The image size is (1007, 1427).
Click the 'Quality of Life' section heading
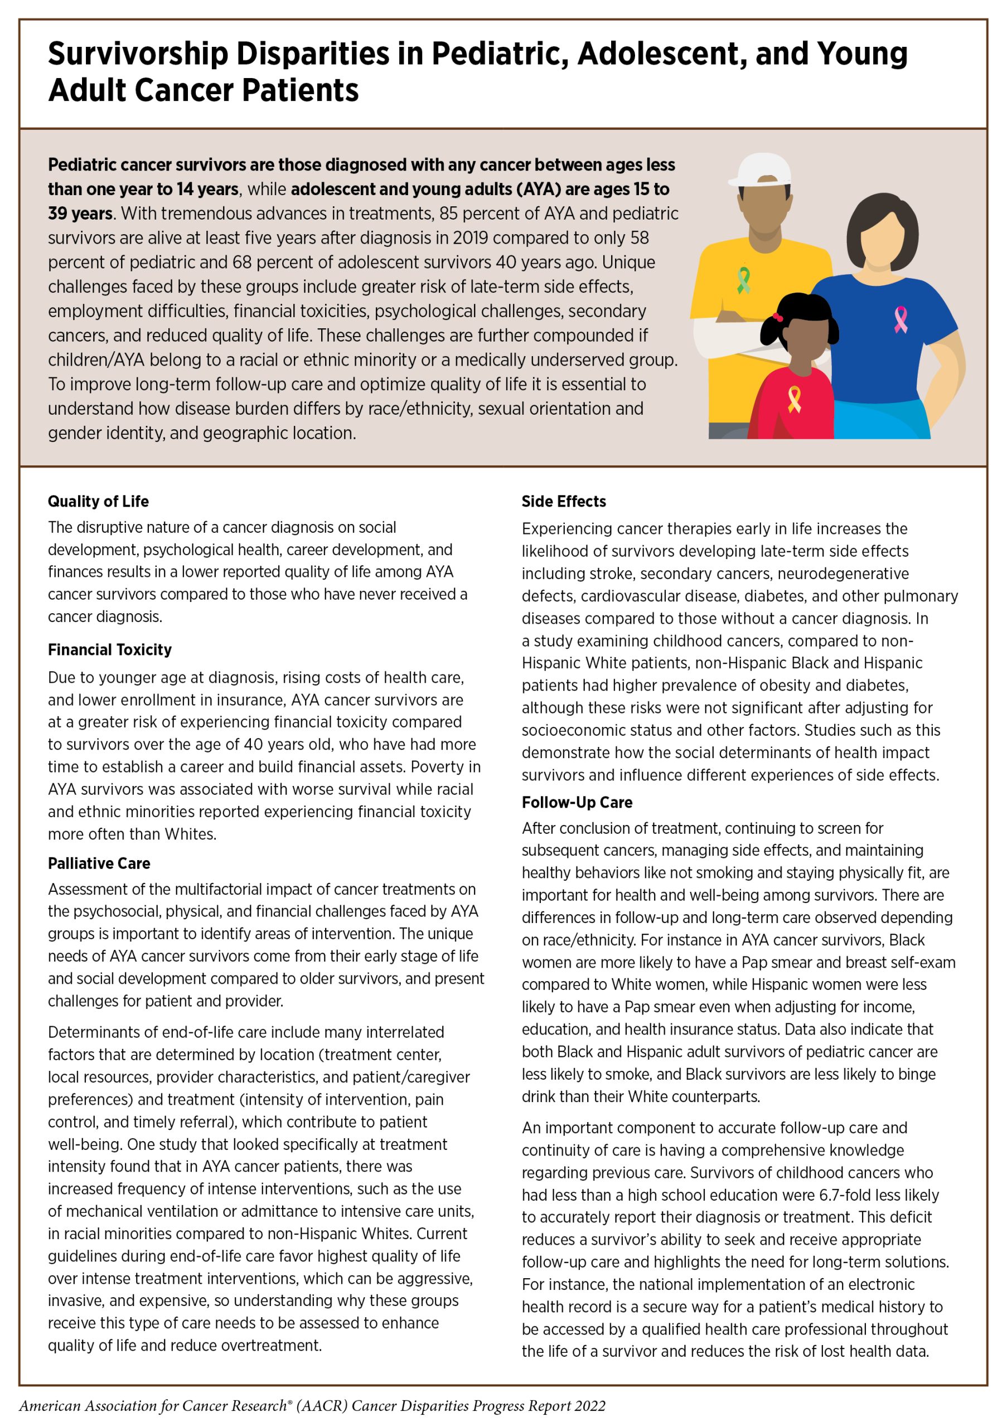pyautogui.click(x=98, y=501)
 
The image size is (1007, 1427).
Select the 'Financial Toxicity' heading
pyautogui.click(x=109, y=649)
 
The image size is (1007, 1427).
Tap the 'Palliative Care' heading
pyautogui.click(x=99, y=863)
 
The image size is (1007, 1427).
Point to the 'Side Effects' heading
pyautogui.click(x=563, y=501)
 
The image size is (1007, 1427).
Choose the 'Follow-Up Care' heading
pyautogui.click(x=577, y=802)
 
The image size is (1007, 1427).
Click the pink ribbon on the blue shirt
pyautogui.click(x=899, y=319)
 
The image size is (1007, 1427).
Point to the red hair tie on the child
pyautogui.click(x=776, y=318)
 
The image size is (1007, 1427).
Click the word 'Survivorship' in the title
pyautogui.click(x=137, y=54)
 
